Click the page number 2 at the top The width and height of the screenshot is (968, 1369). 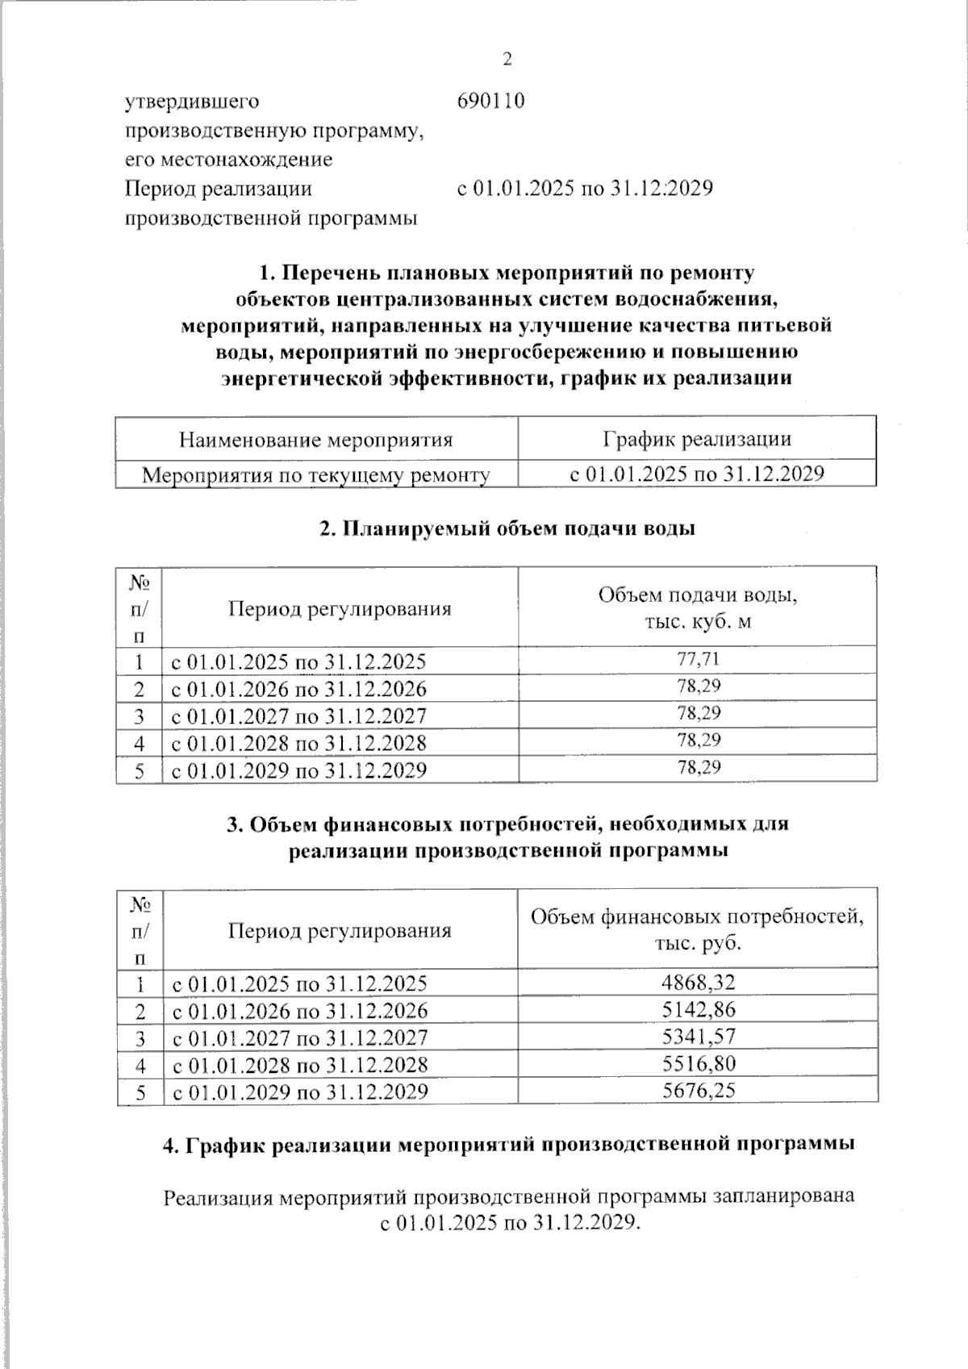pos(507,59)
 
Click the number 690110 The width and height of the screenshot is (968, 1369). pos(490,101)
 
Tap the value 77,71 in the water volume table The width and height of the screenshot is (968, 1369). pos(698,659)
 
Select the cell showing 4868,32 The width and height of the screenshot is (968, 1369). pos(698,982)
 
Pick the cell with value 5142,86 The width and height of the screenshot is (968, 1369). pos(698,1009)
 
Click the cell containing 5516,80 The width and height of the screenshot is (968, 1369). pos(698,1063)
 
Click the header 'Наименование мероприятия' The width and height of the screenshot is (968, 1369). pos(315,440)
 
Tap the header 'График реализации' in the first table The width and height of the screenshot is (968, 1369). pos(697,439)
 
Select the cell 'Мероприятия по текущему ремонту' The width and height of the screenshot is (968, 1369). pos(315,475)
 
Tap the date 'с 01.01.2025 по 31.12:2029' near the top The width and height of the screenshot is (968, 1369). pos(585,189)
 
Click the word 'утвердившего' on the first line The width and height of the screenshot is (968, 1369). pos(191,101)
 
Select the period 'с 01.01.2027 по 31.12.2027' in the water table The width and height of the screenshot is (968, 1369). pos(298,716)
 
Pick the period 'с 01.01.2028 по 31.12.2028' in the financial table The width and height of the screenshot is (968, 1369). pos(298,1064)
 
